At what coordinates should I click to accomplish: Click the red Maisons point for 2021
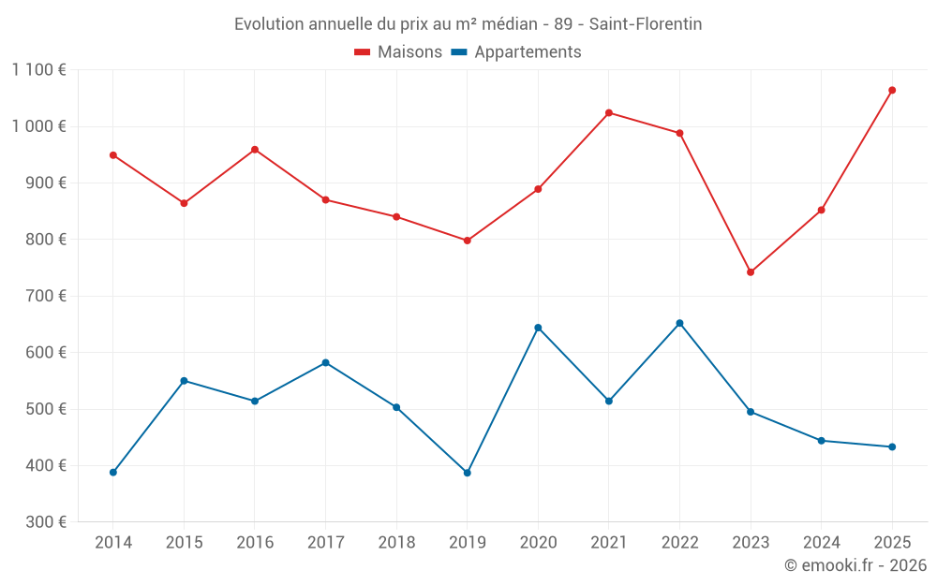tap(609, 113)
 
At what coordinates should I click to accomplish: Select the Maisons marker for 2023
tap(751, 272)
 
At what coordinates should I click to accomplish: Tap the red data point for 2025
tap(892, 91)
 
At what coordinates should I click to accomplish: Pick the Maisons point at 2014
tap(113, 155)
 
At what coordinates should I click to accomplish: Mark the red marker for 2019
tap(468, 241)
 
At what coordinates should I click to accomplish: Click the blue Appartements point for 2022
tap(679, 324)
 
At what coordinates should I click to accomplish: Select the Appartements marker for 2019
tap(468, 473)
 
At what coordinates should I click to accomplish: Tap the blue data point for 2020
tap(538, 328)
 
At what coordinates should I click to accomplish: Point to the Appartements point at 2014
tap(113, 473)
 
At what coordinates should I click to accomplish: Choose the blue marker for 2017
tap(325, 363)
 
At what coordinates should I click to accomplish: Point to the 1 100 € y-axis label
tap(39, 70)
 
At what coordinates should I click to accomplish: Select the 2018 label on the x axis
tap(396, 543)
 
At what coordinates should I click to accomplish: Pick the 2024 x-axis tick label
tap(821, 543)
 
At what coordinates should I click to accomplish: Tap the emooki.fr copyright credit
tap(855, 565)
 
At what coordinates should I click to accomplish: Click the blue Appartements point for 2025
tap(892, 447)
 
